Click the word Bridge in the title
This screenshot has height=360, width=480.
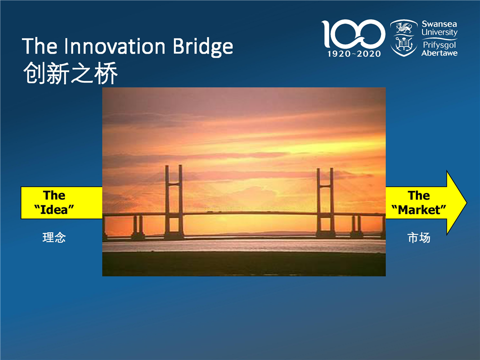pyautogui.click(x=202, y=47)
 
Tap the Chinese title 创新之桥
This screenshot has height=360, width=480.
pyautogui.click(x=70, y=73)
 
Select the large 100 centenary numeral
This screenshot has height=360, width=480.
pyautogui.click(x=353, y=33)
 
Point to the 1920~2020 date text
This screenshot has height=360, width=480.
pyautogui.click(x=354, y=54)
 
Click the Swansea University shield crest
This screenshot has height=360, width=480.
pyautogui.click(x=404, y=38)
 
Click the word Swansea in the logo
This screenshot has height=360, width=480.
pyautogui.click(x=439, y=24)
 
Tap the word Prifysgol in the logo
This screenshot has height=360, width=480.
pyautogui.click(x=439, y=45)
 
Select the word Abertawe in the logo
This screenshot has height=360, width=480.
pyautogui.click(x=439, y=53)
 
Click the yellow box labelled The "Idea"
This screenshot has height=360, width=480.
pyautogui.click(x=61, y=202)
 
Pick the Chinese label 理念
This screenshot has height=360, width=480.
pyautogui.click(x=54, y=237)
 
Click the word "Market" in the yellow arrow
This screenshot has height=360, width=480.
pyautogui.click(x=419, y=209)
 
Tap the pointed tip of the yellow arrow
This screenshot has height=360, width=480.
pyautogui.click(x=466, y=202)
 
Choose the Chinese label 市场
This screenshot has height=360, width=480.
pyautogui.click(x=419, y=238)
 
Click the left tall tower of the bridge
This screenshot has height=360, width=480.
pyautogui.click(x=174, y=202)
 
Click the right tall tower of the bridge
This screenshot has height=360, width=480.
pyautogui.click(x=325, y=202)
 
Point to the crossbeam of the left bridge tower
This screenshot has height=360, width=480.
pyautogui.click(x=174, y=184)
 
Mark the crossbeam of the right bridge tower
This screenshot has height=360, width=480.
pyautogui.click(x=325, y=185)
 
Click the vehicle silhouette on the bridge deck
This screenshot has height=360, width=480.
pyautogui.click(x=209, y=211)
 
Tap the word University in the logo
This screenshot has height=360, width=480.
pyautogui.click(x=439, y=32)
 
